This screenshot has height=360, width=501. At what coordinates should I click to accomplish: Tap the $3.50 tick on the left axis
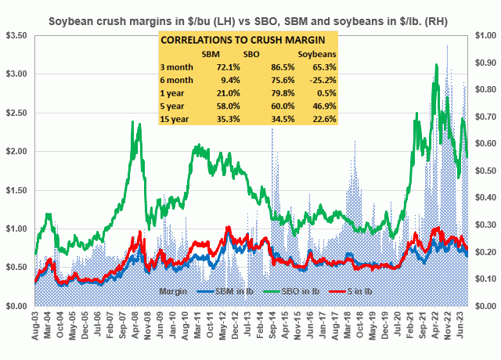pos(16,36)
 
